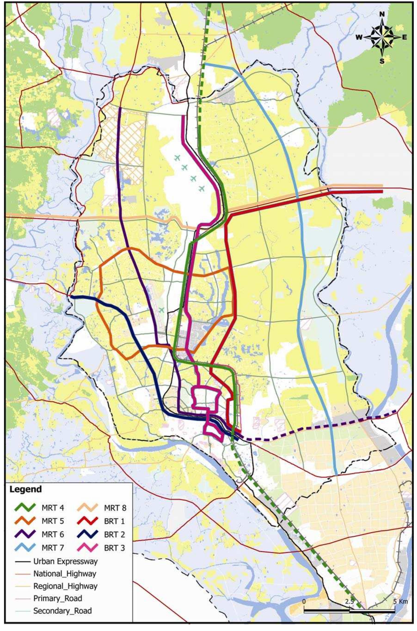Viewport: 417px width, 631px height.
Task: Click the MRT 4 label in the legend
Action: (53, 508)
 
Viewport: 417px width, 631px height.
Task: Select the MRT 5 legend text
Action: (53, 521)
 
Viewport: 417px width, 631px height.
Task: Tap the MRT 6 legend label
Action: (53, 534)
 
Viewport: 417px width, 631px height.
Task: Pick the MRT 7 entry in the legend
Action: (53, 548)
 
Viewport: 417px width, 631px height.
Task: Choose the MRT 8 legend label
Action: (115, 508)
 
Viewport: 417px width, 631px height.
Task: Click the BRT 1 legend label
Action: (114, 521)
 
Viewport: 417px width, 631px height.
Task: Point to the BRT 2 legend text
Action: (114, 534)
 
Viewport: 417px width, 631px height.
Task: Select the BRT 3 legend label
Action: (114, 548)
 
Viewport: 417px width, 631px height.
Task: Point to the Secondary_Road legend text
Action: (62, 611)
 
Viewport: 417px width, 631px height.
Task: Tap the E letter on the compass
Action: (404, 37)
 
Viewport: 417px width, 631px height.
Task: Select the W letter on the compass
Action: (359, 37)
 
